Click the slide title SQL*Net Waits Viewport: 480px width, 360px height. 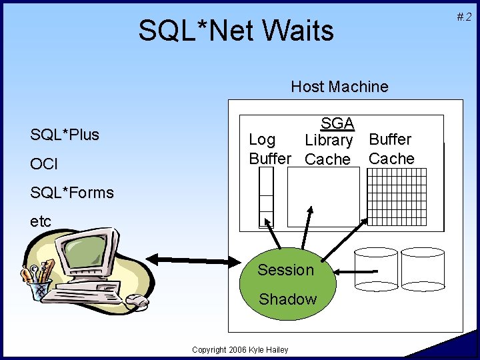click(x=236, y=31)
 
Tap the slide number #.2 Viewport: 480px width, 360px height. click(x=464, y=17)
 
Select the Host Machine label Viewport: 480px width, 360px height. click(x=339, y=87)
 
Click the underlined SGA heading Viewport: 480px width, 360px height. click(x=337, y=123)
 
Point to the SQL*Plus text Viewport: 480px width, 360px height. click(x=65, y=135)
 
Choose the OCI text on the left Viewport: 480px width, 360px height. click(x=44, y=164)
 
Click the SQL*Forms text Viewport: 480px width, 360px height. click(x=72, y=193)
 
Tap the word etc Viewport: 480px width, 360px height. click(x=41, y=222)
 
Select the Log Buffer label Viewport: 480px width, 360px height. click(x=269, y=149)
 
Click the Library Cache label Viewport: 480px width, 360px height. click(x=328, y=150)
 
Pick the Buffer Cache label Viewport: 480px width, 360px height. click(x=391, y=149)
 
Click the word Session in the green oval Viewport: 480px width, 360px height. click(x=285, y=270)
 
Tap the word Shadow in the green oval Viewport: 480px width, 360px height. click(x=287, y=299)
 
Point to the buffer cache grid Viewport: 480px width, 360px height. click(x=397, y=197)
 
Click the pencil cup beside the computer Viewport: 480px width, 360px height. click(x=39, y=283)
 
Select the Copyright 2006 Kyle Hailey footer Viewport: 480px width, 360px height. click(x=240, y=350)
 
